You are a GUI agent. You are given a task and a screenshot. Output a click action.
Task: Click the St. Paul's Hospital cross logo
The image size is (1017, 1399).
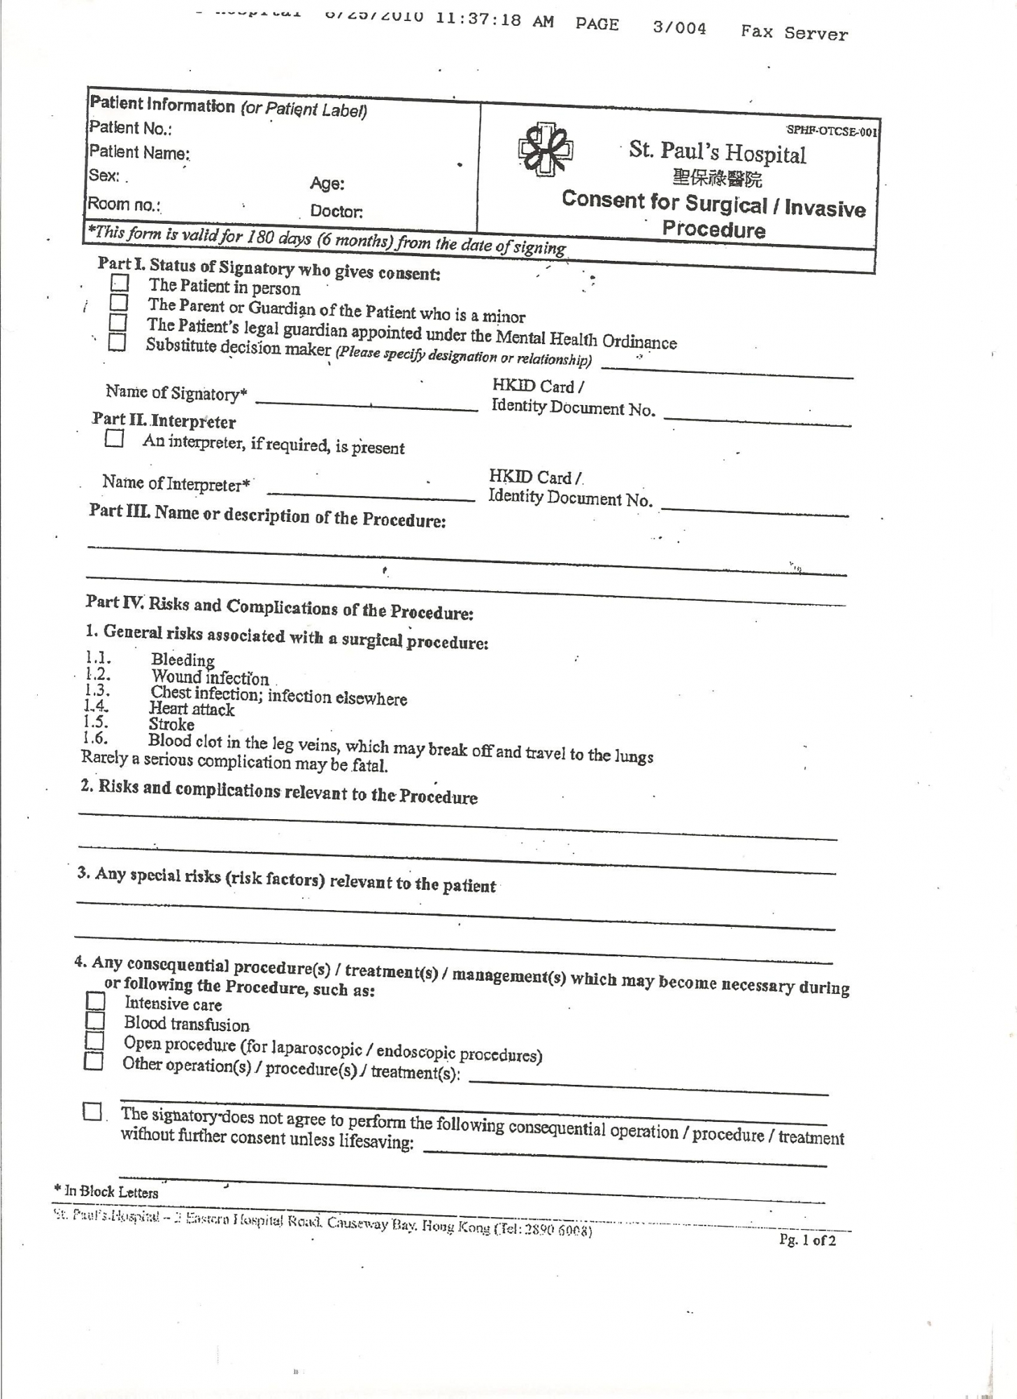[x=546, y=149]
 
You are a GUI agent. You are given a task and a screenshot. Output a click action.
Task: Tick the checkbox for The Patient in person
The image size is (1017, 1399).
[x=120, y=283]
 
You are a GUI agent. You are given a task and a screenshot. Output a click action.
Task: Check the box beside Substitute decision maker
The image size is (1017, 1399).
[x=117, y=343]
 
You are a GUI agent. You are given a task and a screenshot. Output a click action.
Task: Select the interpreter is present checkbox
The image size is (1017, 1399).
[x=113, y=439]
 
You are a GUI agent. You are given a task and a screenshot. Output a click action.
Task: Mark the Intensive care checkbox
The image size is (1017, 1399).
[x=95, y=1001]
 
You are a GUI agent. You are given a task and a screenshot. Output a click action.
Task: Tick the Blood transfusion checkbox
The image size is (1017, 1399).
[x=94, y=1021]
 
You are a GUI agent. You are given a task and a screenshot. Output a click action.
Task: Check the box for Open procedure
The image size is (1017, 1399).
[x=94, y=1041]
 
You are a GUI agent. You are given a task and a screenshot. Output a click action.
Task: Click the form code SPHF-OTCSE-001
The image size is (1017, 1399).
[x=831, y=131]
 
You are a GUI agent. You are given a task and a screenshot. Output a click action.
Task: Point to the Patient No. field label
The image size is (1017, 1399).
[x=130, y=128]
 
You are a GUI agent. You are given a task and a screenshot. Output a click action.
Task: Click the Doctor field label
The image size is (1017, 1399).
[x=336, y=211]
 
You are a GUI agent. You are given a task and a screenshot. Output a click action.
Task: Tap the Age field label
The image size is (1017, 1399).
[x=327, y=184]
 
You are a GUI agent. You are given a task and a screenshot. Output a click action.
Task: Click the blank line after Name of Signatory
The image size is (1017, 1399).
[x=367, y=404]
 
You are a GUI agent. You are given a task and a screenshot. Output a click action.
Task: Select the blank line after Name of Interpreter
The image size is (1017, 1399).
[x=370, y=495]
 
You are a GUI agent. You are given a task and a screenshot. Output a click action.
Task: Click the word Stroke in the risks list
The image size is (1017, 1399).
[x=171, y=725]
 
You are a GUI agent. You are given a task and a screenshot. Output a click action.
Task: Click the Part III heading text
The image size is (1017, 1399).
[x=267, y=516]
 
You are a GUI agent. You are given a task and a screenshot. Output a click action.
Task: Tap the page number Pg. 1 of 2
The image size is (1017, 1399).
[x=808, y=1240]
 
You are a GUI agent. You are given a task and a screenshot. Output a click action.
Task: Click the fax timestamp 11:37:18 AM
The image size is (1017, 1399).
[x=495, y=20]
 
